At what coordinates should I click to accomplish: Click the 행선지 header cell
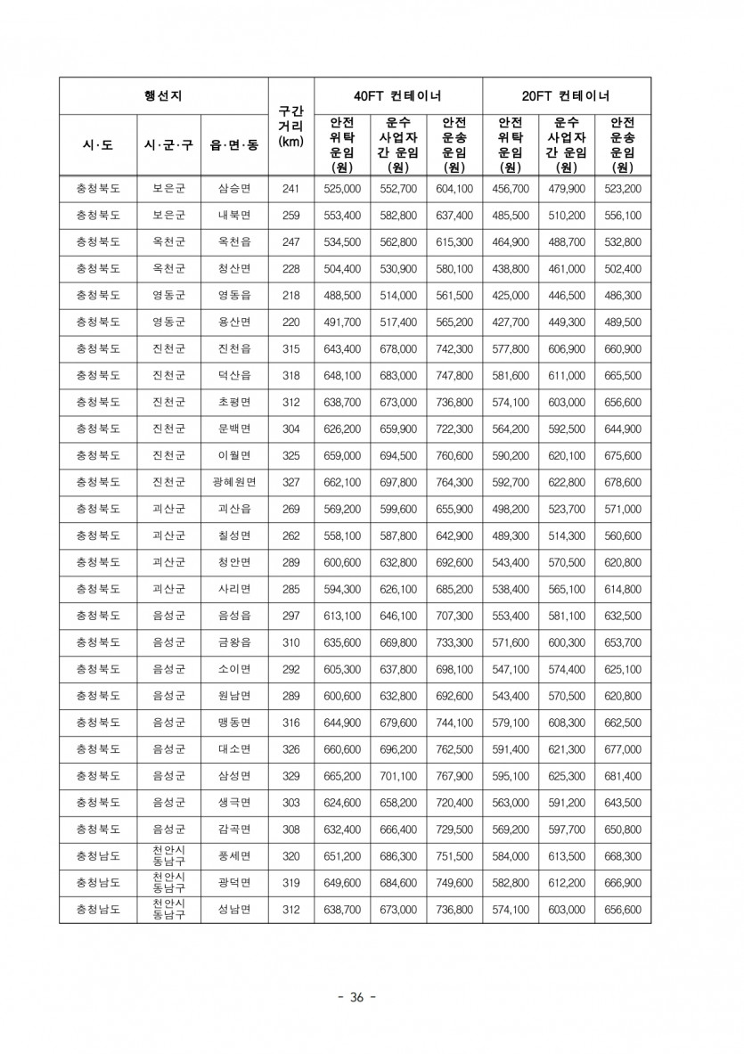[x=163, y=95]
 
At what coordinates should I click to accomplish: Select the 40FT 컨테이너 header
[x=397, y=95]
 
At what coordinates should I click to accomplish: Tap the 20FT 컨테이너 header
[x=566, y=95]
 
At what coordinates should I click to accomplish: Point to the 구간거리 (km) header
[x=290, y=127]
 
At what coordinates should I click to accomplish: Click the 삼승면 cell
[x=234, y=189]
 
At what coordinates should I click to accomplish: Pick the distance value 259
[x=290, y=216]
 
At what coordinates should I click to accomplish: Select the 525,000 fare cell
[x=342, y=189]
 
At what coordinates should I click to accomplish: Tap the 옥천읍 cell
[x=234, y=242]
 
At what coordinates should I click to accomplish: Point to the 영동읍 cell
[x=234, y=296]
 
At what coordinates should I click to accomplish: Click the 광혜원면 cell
[x=234, y=482]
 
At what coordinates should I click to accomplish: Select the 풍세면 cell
[x=234, y=856]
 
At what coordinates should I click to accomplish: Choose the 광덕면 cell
[x=234, y=883]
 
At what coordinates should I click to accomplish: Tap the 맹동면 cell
[x=234, y=723]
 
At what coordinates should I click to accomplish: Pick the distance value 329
[x=290, y=776]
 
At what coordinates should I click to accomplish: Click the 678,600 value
[x=622, y=482]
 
